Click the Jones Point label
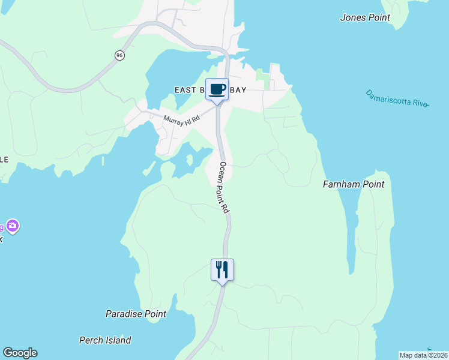click(x=365, y=17)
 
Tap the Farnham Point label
click(x=354, y=184)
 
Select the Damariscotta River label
click(x=397, y=98)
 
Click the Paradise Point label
click(x=136, y=314)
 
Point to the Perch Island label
click(x=105, y=340)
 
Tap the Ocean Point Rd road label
click(x=224, y=187)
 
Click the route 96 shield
click(x=120, y=55)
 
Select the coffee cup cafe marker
click(x=217, y=89)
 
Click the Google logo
click(x=20, y=353)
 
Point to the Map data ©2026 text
click(x=424, y=355)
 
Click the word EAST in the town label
click(x=185, y=90)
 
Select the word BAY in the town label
click(x=238, y=90)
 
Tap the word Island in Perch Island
click(x=117, y=340)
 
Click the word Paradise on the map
click(x=124, y=314)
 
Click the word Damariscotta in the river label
click(x=389, y=97)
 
